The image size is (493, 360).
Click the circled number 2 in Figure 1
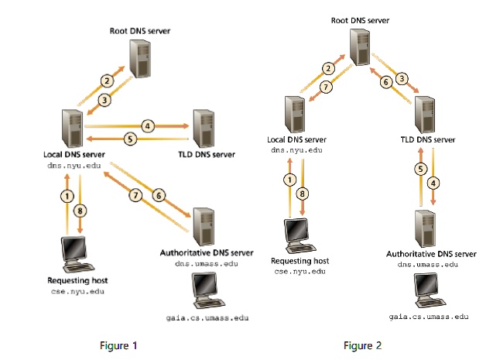pos(108,80)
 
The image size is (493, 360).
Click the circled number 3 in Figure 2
pos(402,77)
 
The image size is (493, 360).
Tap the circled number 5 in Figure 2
pos(421,168)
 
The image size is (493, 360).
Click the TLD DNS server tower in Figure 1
pos(204,127)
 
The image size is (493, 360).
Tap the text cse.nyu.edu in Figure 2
pos(296,272)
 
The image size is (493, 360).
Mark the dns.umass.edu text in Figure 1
pos(205,263)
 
